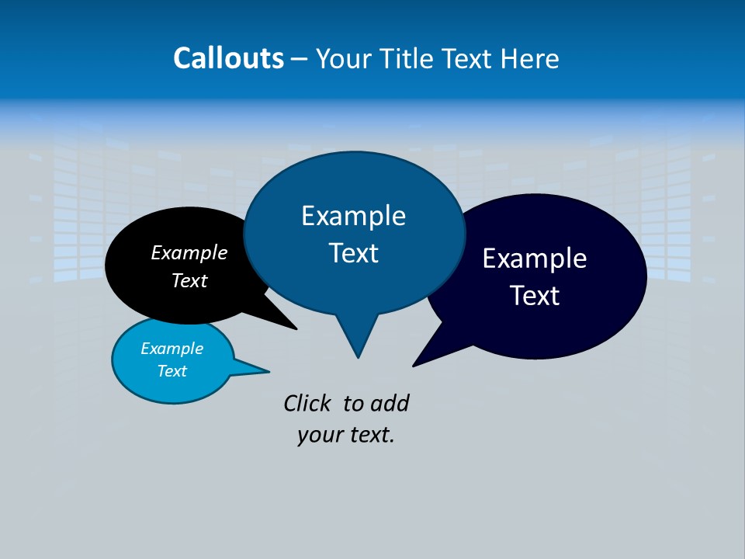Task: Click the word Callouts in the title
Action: coord(228,58)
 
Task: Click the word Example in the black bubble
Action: coord(189,252)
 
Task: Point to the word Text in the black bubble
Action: coord(189,280)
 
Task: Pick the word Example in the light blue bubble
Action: coord(172,349)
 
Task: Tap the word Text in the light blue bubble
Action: coord(172,371)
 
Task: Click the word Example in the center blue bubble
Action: coord(353,216)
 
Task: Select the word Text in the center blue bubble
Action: coord(353,253)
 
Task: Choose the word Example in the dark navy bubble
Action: coord(535,259)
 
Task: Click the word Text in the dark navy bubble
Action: coord(535,296)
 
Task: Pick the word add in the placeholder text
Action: coord(389,403)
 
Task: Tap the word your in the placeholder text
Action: coord(315,435)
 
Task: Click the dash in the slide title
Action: coord(300,59)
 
